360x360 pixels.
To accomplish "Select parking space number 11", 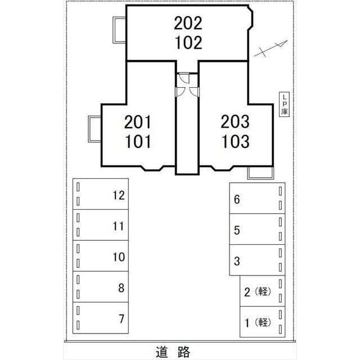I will click(x=102, y=226).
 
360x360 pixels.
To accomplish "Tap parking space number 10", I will click(x=102, y=257).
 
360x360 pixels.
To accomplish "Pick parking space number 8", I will click(x=102, y=288).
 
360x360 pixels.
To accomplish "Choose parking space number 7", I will click(x=102, y=319).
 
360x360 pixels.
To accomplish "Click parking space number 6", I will click(x=256, y=199).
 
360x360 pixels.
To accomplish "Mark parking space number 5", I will click(x=256, y=229).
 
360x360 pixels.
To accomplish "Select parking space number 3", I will click(x=256, y=260).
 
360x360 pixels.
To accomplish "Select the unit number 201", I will click(x=138, y=121).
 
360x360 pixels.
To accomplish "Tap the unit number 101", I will click(x=138, y=141).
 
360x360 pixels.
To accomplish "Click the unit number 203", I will click(x=235, y=121).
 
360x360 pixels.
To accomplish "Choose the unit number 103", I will click(x=235, y=141).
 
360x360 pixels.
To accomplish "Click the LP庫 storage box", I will click(x=285, y=105).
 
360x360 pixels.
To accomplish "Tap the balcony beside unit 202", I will click(x=119, y=30).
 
